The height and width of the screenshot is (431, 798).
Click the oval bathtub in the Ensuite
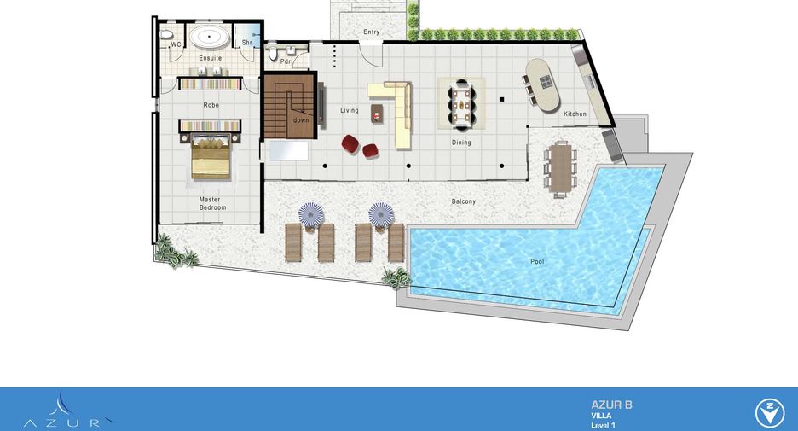point(209,37)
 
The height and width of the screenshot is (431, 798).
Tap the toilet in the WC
point(166,34)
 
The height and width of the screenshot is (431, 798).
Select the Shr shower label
point(247,43)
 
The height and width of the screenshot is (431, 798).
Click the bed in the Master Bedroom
point(211,157)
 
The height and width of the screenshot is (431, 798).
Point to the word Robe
point(211,105)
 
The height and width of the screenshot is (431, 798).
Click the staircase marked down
point(290,106)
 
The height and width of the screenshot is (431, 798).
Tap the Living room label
point(350,110)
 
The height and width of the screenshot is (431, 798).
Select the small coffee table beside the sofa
point(377,113)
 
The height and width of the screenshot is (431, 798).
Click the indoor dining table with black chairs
point(461,104)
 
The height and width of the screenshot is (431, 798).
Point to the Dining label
point(461,143)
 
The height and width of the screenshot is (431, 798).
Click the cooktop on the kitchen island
point(546,81)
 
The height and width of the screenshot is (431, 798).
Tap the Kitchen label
point(575,114)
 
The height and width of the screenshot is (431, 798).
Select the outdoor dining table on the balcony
point(560,169)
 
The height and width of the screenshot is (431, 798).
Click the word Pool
point(537,261)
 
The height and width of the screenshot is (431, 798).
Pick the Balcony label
point(464,201)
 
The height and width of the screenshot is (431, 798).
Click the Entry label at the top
point(372,32)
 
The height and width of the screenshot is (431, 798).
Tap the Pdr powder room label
point(286,61)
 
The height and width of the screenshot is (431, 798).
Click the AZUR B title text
point(612,405)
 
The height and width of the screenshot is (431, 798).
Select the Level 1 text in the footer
point(604,425)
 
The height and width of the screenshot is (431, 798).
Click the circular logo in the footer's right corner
point(769,413)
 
